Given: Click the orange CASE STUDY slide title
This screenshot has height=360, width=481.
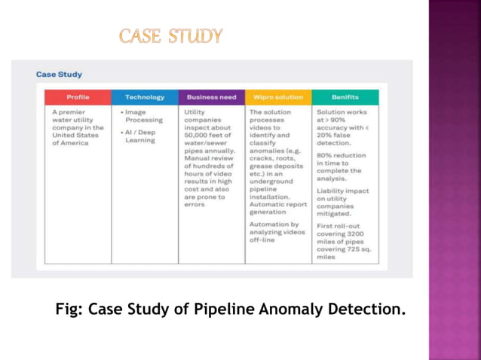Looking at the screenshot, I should point(170,35).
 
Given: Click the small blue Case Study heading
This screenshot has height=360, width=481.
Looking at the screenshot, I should point(59,75).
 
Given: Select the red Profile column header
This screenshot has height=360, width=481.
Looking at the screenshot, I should point(78,97).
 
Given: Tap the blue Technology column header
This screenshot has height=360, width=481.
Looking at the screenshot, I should point(144,97).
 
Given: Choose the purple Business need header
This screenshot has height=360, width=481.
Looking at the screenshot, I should point(211,97).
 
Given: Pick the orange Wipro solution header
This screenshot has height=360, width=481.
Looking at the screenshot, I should point(278,97).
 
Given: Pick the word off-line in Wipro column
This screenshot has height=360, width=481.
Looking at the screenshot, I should point(263,241).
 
